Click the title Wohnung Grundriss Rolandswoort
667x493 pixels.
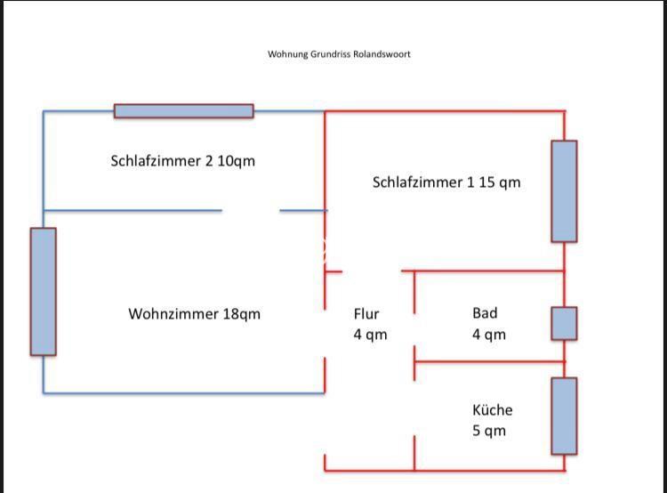click(x=339, y=54)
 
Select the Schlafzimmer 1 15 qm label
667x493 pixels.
click(x=446, y=182)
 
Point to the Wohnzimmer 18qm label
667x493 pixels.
click(x=194, y=314)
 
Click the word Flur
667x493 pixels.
click(x=366, y=313)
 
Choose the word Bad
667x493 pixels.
click(x=485, y=313)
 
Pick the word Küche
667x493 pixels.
click(x=492, y=410)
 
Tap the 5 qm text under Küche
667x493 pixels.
click(x=488, y=431)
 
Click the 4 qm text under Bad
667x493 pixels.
click(x=488, y=335)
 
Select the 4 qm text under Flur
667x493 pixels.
click(x=370, y=335)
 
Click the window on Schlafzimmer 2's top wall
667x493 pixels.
click(x=183, y=111)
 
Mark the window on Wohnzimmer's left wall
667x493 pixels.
click(x=44, y=291)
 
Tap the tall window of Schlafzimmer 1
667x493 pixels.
click(x=564, y=190)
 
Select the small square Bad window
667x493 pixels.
click(x=564, y=323)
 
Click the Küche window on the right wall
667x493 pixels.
click(x=564, y=416)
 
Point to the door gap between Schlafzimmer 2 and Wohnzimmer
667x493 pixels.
click(x=251, y=211)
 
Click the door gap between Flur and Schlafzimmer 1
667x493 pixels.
click(x=372, y=271)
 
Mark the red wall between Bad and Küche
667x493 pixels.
click(x=489, y=361)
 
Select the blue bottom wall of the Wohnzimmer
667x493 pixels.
click(x=183, y=392)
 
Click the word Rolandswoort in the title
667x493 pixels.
click(x=382, y=54)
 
